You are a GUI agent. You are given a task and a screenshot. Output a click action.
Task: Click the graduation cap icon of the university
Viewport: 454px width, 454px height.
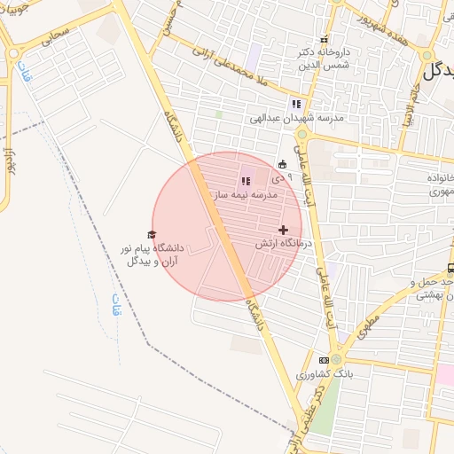(151, 234)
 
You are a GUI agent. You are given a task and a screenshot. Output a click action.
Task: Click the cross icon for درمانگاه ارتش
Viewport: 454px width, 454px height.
(283, 230)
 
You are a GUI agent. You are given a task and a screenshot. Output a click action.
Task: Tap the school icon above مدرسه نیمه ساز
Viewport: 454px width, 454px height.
(246, 181)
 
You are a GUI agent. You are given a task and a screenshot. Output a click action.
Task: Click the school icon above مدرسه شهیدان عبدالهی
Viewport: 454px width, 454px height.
(296, 104)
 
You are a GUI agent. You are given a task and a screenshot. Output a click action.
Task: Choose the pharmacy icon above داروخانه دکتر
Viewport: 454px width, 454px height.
(324, 40)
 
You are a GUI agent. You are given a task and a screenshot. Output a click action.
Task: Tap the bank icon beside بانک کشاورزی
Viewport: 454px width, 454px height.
(324, 360)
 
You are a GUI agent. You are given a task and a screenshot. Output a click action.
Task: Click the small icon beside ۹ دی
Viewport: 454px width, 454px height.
(282, 163)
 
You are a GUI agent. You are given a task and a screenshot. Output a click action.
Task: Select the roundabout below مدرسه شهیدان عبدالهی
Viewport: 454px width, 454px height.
(301, 135)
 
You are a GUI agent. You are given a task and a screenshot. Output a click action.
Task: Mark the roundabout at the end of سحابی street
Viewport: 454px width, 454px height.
(15, 53)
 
